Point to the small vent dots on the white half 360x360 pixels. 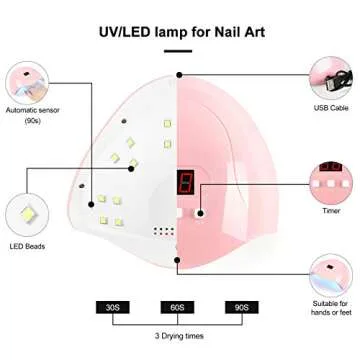pyautogui.click(x=159, y=228)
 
